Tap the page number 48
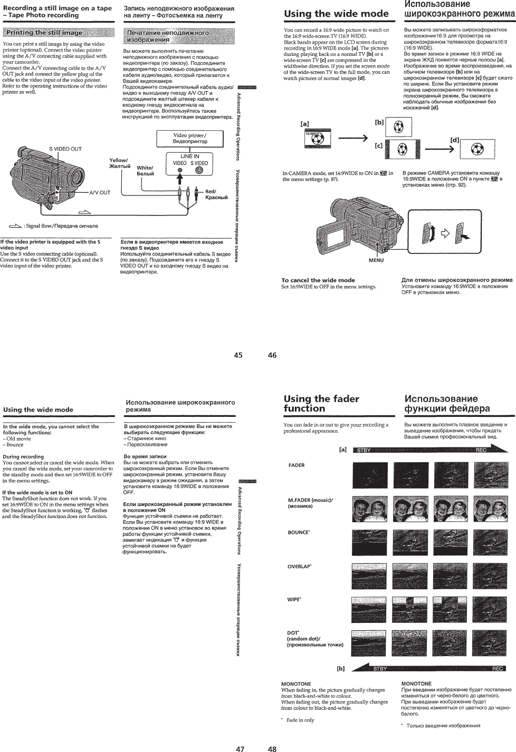(272, 747)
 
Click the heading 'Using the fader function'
(321, 404)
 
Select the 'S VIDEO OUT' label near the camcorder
(65, 149)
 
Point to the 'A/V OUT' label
(99, 193)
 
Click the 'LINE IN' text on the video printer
(190, 156)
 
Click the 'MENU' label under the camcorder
(376, 260)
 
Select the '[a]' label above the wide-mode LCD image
(304, 124)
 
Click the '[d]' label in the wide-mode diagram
(455, 140)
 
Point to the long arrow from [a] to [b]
(352, 139)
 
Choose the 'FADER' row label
(297, 465)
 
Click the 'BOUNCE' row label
(299, 532)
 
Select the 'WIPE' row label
(294, 600)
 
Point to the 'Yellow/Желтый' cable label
(119, 162)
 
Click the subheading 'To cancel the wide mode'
(318, 280)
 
